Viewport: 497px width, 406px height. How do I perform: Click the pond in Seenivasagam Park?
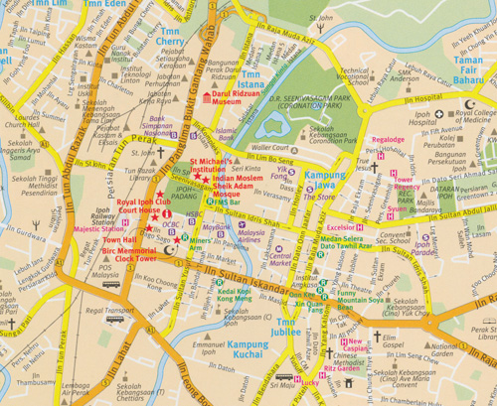(266, 126)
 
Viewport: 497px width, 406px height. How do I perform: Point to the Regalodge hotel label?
(388, 140)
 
